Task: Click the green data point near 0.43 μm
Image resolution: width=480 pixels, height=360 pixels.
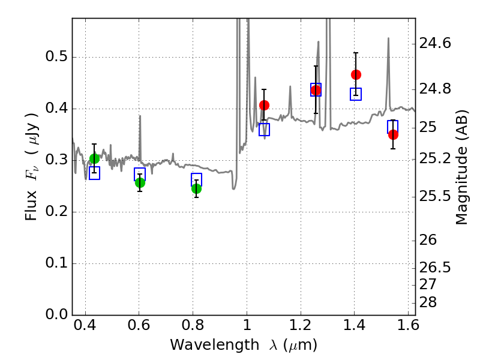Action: (94, 158)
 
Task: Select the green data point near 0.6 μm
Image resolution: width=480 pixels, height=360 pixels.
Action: (140, 182)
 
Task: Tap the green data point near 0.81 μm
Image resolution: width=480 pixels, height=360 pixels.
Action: (196, 188)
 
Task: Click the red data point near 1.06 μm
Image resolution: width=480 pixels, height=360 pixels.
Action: (264, 105)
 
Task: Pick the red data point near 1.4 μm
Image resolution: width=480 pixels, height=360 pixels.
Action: (356, 74)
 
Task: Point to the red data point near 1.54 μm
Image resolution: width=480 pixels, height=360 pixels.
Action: (393, 134)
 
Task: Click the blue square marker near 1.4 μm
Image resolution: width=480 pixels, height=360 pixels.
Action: (356, 94)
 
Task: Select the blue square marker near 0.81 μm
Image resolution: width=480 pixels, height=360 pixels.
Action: (196, 179)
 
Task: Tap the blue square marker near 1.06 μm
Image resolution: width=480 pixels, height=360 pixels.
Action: (264, 130)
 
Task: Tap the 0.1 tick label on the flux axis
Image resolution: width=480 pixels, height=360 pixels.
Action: (56, 263)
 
